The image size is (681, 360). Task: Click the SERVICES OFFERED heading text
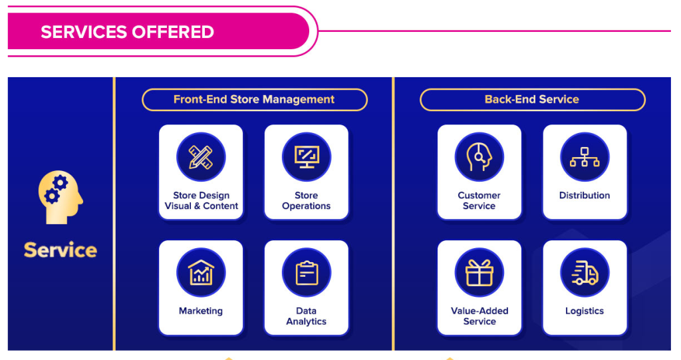[127, 32]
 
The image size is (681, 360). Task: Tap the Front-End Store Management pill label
[254, 100]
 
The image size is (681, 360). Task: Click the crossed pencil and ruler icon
[201, 157]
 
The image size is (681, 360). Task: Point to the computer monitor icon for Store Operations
[306, 157]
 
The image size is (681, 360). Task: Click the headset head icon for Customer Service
[479, 157]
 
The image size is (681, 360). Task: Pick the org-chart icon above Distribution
[585, 157]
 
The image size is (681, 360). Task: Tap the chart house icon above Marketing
[201, 273]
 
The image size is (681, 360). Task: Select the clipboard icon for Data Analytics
[306, 273]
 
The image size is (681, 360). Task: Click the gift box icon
[479, 273]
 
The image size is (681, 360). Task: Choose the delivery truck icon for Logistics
[585, 273]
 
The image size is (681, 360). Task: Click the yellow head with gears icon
[61, 198]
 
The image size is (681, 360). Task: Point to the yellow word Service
[61, 250]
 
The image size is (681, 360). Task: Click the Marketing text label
[201, 311]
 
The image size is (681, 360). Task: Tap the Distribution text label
[585, 196]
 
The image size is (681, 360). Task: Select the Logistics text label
[585, 311]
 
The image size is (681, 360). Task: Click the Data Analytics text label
[306, 316]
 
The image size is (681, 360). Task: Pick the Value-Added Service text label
[479, 316]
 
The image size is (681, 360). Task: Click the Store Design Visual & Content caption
[201, 201]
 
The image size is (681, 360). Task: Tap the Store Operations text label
[306, 201]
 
